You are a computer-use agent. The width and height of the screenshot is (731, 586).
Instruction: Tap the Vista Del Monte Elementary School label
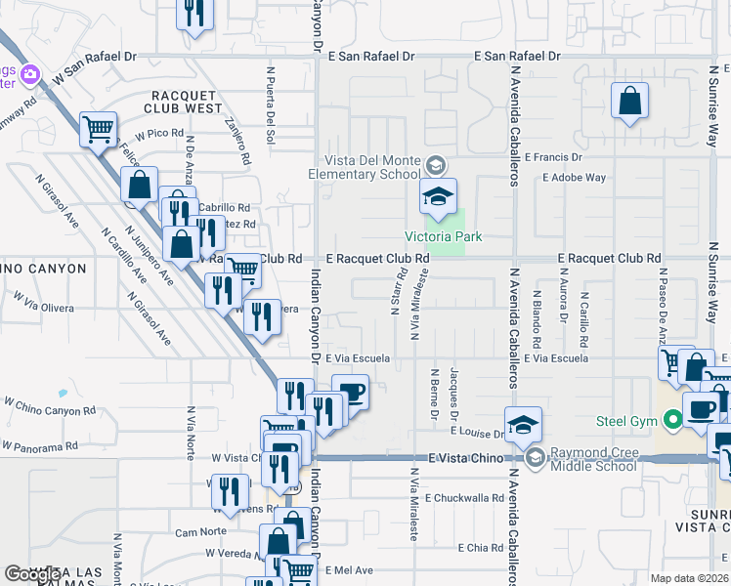(x=372, y=168)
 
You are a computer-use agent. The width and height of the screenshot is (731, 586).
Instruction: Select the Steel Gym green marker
(x=672, y=422)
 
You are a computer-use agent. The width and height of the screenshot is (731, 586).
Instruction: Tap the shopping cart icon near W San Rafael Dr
(x=98, y=128)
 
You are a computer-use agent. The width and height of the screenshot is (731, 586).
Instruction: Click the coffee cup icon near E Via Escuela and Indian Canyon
(x=350, y=392)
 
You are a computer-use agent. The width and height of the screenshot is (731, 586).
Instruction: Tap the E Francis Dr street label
(x=553, y=156)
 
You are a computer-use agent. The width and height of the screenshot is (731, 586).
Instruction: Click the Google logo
(x=32, y=574)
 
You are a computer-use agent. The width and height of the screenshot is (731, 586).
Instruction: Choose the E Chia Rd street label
(x=485, y=548)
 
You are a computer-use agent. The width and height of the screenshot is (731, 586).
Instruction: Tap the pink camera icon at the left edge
(x=29, y=74)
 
